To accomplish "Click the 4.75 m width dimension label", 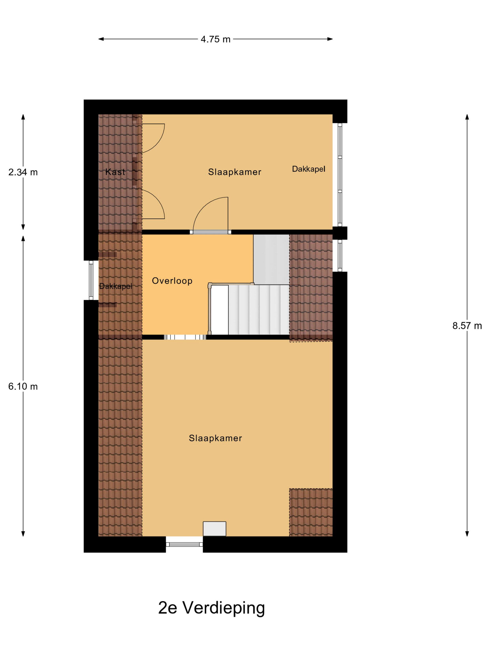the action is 215,39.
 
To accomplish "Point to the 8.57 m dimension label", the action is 467,326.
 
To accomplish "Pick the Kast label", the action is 115,172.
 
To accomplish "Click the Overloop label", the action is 172,281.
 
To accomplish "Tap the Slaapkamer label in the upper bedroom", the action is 235,172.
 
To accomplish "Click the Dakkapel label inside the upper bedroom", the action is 309,169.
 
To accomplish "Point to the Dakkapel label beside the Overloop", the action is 115,286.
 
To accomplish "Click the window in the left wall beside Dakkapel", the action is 91,280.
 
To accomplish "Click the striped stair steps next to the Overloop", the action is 259,310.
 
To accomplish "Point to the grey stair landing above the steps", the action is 271,260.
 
